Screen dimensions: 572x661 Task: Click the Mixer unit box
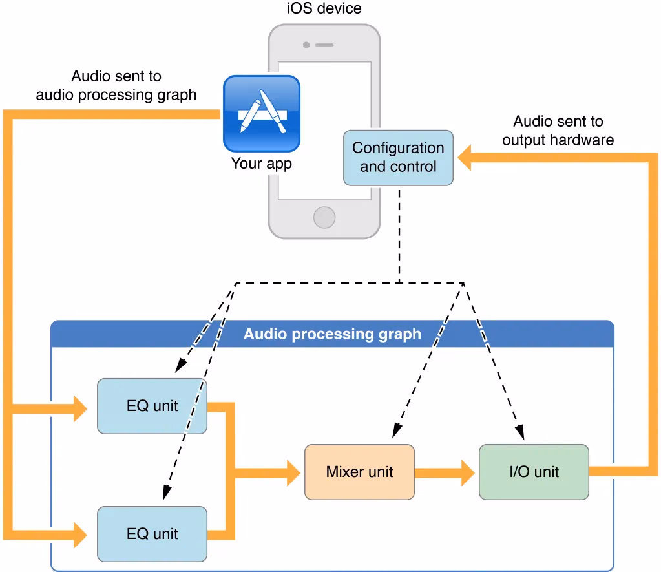pyautogui.click(x=359, y=472)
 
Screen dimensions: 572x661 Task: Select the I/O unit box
pyautogui.click(x=534, y=472)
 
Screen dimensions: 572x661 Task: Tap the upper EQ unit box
pyautogui.click(x=152, y=407)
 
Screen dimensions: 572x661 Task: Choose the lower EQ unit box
pyautogui.click(x=152, y=534)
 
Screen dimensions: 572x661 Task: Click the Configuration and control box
pyautogui.click(x=398, y=158)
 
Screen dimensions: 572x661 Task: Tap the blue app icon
pyautogui.click(x=262, y=113)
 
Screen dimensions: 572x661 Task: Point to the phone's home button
pyautogui.click(x=324, y=217)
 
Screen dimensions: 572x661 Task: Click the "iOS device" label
pyautogui.click(x=324, y=8)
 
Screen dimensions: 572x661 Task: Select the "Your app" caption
pyautogui.click(x=262, y=164)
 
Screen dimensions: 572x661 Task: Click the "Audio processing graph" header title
pyautogui.click(x=332, y=334)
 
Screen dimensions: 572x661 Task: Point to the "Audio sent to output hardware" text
pyautogui.click(x=558, y=131)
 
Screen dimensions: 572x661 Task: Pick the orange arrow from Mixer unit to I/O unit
pyautogui.click(x=446, y=472)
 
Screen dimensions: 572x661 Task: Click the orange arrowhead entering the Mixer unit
pyautogui.click(x=293, y=472)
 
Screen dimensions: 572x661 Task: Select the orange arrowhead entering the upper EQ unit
pyautogui.click(x=80, y=408)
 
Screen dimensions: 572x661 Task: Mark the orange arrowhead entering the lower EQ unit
pyautogui.click(x=80, y=534)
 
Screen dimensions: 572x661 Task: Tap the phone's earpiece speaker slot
pyautogui.click(x=324, y=45)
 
